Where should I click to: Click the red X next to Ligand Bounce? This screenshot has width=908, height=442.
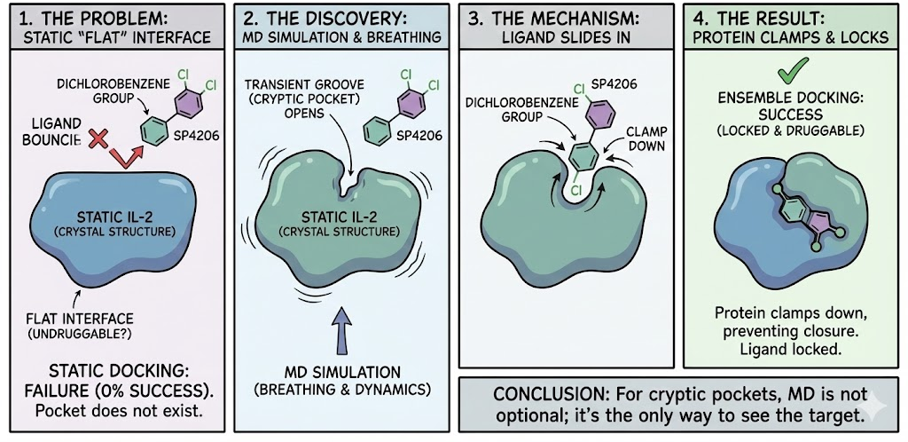pos(98,138)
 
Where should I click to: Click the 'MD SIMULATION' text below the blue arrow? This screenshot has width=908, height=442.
pos(340,371)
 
